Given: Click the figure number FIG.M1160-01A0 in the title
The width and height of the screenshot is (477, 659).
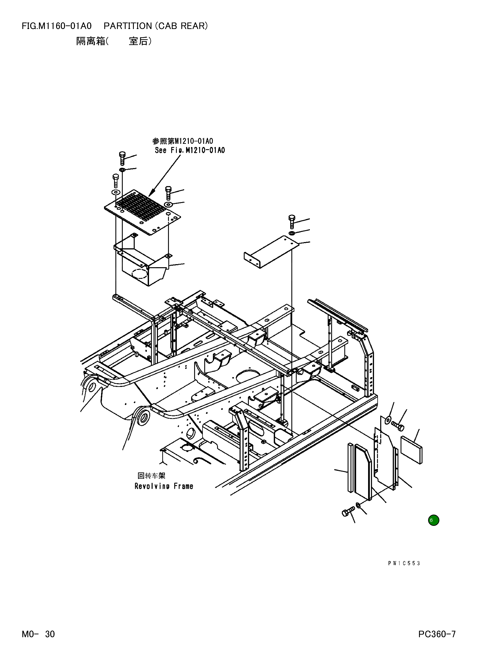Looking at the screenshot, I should [57, 26].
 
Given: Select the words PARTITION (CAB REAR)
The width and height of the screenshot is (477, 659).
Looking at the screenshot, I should [156, 26].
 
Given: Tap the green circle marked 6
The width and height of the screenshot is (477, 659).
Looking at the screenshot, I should [433, 520].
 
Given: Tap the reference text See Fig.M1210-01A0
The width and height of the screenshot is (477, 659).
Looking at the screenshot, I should [190, 150].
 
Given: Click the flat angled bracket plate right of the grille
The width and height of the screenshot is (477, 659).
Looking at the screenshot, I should [272, 252].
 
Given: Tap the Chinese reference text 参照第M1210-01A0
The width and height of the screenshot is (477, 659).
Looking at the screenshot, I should [182, 141].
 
